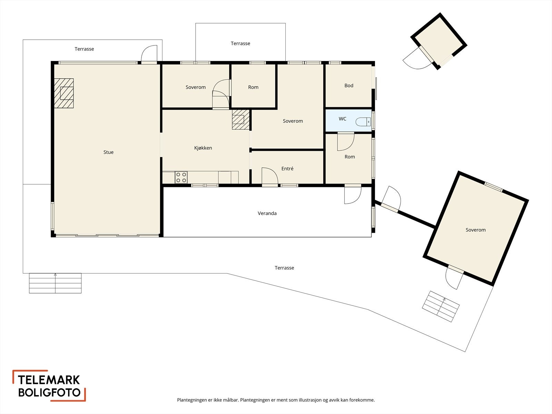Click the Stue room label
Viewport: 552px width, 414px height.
point(108,152)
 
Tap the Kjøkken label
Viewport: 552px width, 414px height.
point(203,148)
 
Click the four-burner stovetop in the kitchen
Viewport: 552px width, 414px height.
point(181,177)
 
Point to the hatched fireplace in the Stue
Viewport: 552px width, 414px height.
point(64,93)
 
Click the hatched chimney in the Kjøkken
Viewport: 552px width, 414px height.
point(241,119)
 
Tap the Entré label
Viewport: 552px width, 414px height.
point(287,169)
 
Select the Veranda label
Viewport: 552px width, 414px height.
point(267,214)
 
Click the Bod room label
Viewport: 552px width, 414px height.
point(349,86)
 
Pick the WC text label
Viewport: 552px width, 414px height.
point(343,119)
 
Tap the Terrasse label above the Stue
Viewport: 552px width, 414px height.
point(84,49)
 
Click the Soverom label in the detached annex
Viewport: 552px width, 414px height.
point(475,230)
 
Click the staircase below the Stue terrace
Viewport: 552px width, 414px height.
point(55,283)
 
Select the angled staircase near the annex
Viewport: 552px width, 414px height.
point(441,306)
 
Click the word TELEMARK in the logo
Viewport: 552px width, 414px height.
point(49,380)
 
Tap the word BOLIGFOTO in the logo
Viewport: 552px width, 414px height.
point(49,392)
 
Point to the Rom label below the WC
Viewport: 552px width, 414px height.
point(349,157)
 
